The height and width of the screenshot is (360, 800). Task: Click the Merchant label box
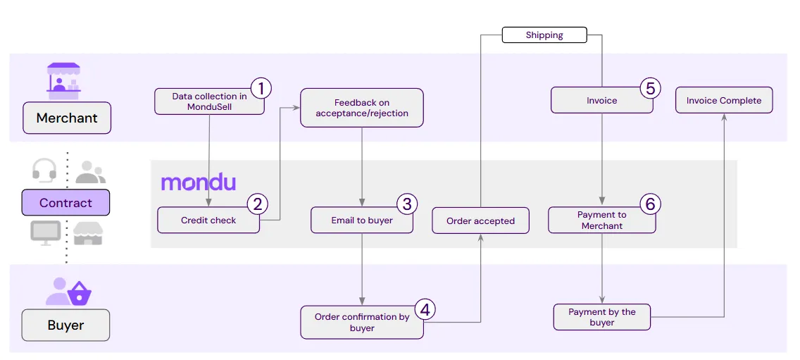67,118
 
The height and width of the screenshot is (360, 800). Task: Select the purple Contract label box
65,203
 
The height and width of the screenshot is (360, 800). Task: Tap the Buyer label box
65,325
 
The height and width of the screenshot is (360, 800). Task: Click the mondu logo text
198,182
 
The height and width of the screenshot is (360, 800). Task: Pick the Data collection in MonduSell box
209,101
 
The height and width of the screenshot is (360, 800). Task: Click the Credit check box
208,221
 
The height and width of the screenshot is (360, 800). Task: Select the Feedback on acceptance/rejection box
361,108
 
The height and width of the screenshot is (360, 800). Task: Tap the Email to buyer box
362,221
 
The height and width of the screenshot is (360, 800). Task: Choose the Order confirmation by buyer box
362,322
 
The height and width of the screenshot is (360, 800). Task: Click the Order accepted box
480,221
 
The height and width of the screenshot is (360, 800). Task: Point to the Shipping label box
544,35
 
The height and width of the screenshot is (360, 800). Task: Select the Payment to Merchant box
601,221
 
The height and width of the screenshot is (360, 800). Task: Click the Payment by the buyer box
601,317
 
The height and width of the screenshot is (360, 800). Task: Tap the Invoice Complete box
723,100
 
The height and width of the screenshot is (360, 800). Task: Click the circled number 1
261,89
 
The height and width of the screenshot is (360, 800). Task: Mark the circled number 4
425,309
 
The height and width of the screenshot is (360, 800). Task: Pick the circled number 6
649,204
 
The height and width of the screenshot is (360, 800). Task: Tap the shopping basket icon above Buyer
79,292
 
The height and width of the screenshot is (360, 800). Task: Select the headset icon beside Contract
44,170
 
